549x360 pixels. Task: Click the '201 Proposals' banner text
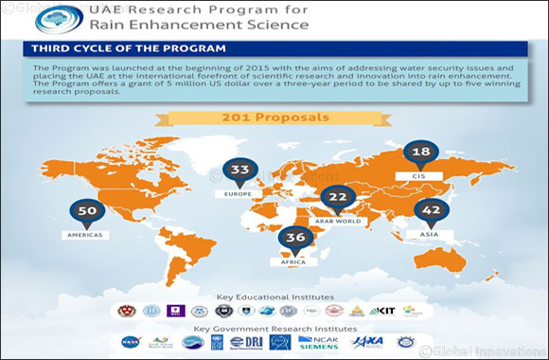(x=274, y=118)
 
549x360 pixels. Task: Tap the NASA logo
(x=131, y=342)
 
